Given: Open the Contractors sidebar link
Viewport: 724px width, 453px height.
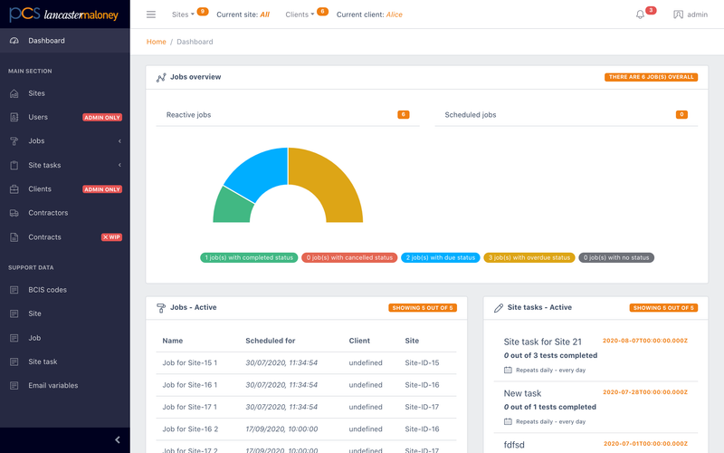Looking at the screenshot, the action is pos(48,213).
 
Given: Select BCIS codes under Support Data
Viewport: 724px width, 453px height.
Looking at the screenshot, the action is pos(47,290).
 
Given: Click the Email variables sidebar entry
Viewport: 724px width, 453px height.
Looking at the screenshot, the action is pos(52,386).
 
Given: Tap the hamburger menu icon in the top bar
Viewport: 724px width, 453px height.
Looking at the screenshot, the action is pos(151,14).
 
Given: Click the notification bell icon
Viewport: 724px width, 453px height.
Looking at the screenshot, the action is pos(640,14).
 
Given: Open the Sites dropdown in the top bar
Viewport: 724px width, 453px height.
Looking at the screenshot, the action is pos(183,14).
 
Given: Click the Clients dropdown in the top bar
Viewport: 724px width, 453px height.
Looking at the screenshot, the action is pos(300,14).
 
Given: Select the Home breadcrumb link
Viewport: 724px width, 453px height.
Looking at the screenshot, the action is pos(156,42).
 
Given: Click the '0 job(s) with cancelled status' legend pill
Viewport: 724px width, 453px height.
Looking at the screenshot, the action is pos(349,257).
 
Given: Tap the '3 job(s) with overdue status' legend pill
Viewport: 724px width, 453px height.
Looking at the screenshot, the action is pos(529,257).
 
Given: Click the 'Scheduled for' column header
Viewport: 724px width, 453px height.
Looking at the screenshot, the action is pos(270,341).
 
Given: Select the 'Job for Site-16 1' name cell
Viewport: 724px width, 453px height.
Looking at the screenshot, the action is pos(190,385).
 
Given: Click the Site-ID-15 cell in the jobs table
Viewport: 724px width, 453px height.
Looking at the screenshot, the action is pos(422,363).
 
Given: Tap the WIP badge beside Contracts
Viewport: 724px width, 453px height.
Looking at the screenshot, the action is pos(111,237).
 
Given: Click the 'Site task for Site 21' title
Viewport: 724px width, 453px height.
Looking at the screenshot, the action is pos(542,342).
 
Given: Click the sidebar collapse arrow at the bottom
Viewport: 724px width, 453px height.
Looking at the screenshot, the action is pos(118,440).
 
